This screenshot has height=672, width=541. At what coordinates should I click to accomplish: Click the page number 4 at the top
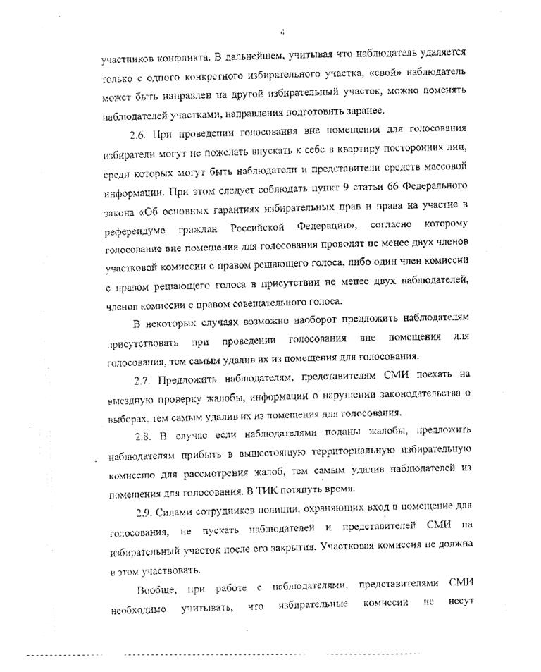coord(281,30)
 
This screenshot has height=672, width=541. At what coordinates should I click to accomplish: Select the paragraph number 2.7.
coord(143,377)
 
